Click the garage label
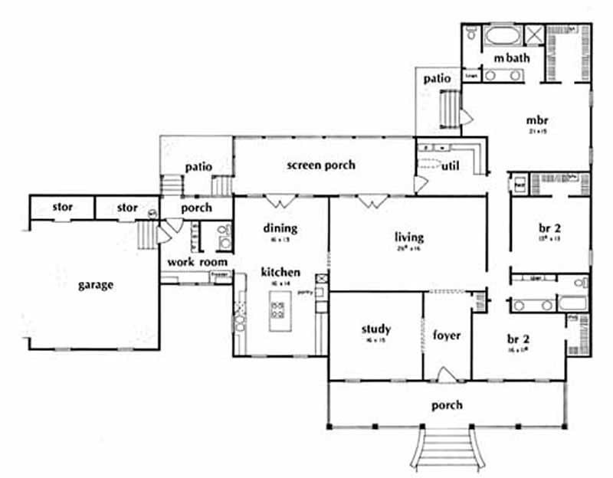(x=96, y=285)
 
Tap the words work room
(x=190, y=262)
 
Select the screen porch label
(x=321, y=165)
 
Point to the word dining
(x=280, y=228)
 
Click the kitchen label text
(x=279, y=272)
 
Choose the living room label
(x=409, y=237)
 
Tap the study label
(x=376, y=329)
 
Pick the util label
(x=451, y=165)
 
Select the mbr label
(x=536, y=120)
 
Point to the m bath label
(x=507, y=59)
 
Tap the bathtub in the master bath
(x=502, y=36)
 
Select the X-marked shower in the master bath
(x=534, y=35)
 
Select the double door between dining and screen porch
(x=280, y=201)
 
